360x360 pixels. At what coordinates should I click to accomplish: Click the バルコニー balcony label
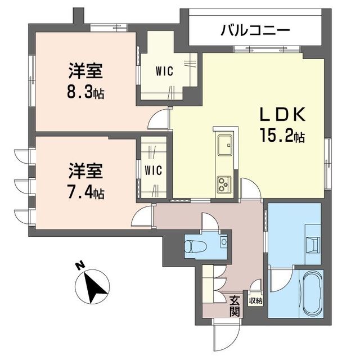coord(255,30)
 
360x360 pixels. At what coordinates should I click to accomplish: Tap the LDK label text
coord(282,114)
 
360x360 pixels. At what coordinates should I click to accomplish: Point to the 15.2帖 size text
coord(282,136)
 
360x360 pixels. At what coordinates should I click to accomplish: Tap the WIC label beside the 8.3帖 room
coord(164,71)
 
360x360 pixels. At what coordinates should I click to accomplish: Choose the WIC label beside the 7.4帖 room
coord(154,170)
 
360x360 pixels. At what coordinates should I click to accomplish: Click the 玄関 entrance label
coord(235,306)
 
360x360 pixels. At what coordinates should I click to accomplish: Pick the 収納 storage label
coord(256,301)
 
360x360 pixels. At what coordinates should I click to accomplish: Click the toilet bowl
coord(196,246)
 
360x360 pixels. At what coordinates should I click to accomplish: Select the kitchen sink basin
coord(225,145)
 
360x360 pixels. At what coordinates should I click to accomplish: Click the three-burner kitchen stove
coord(224,184)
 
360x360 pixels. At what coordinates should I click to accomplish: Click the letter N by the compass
coord(80,266)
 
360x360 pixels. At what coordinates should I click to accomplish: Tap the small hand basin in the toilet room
coord(224,241)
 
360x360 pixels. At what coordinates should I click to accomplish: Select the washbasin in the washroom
coord(313,245)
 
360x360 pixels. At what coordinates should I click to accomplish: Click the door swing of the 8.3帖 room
coord(159,119)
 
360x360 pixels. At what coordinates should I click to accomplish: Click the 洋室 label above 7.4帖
coord(85,171)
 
